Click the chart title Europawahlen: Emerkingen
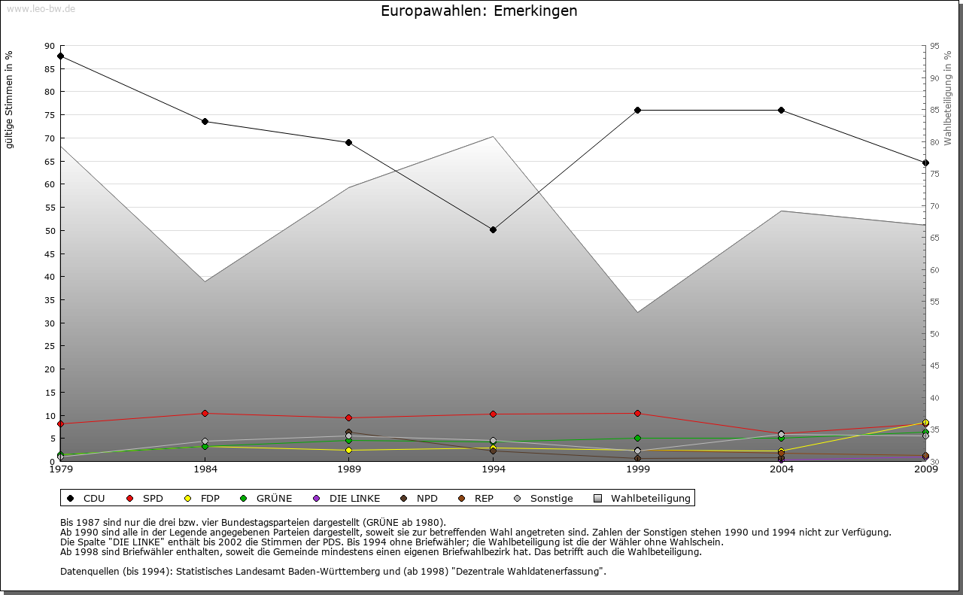(x=479, y=11)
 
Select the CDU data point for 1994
(x=493, y=229)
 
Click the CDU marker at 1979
(x=60, y=56)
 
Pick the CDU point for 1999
(x=637, y=110)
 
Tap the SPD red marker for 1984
(x=205, y=413)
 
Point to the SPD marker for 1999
(x=637, y=413)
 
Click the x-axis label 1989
(x=349, y=470)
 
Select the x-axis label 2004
(x=782, y=470)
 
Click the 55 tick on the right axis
(x=934, y=302)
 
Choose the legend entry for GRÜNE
(x=268, y=498)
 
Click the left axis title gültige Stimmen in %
(x=10, y=100)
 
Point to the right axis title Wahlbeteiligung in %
(x=948, y=99)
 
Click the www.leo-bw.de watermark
(x=41, y=9)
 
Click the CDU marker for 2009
(x=925, y=162)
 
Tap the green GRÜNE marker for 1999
(x=637, y=438)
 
